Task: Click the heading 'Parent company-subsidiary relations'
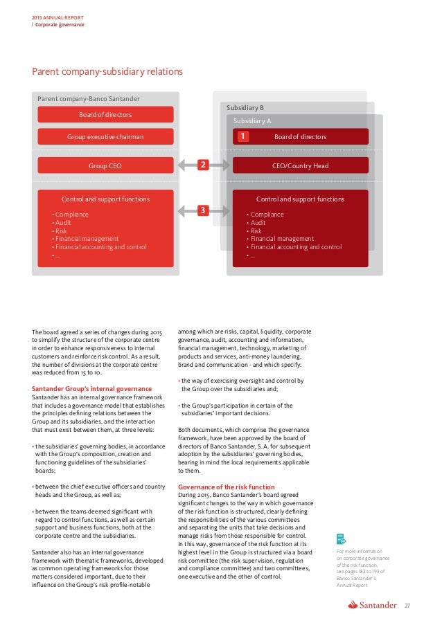click(x=107, y=71)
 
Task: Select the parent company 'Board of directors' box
click(x=105, y=114)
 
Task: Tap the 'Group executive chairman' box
click(x=105, y=137)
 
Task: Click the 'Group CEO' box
click(x=105, y=166)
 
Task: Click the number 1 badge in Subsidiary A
click(x=243, y=137)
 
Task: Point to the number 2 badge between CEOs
click(x=202, y=165)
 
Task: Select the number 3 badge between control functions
click(x=202, y=210)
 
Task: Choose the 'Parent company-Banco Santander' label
click(x=88, y=99)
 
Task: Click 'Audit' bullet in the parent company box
click(x=64, y=223)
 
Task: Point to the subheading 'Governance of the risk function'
click(x=226, y=487)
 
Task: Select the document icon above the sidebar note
click(x=340, y=538)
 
